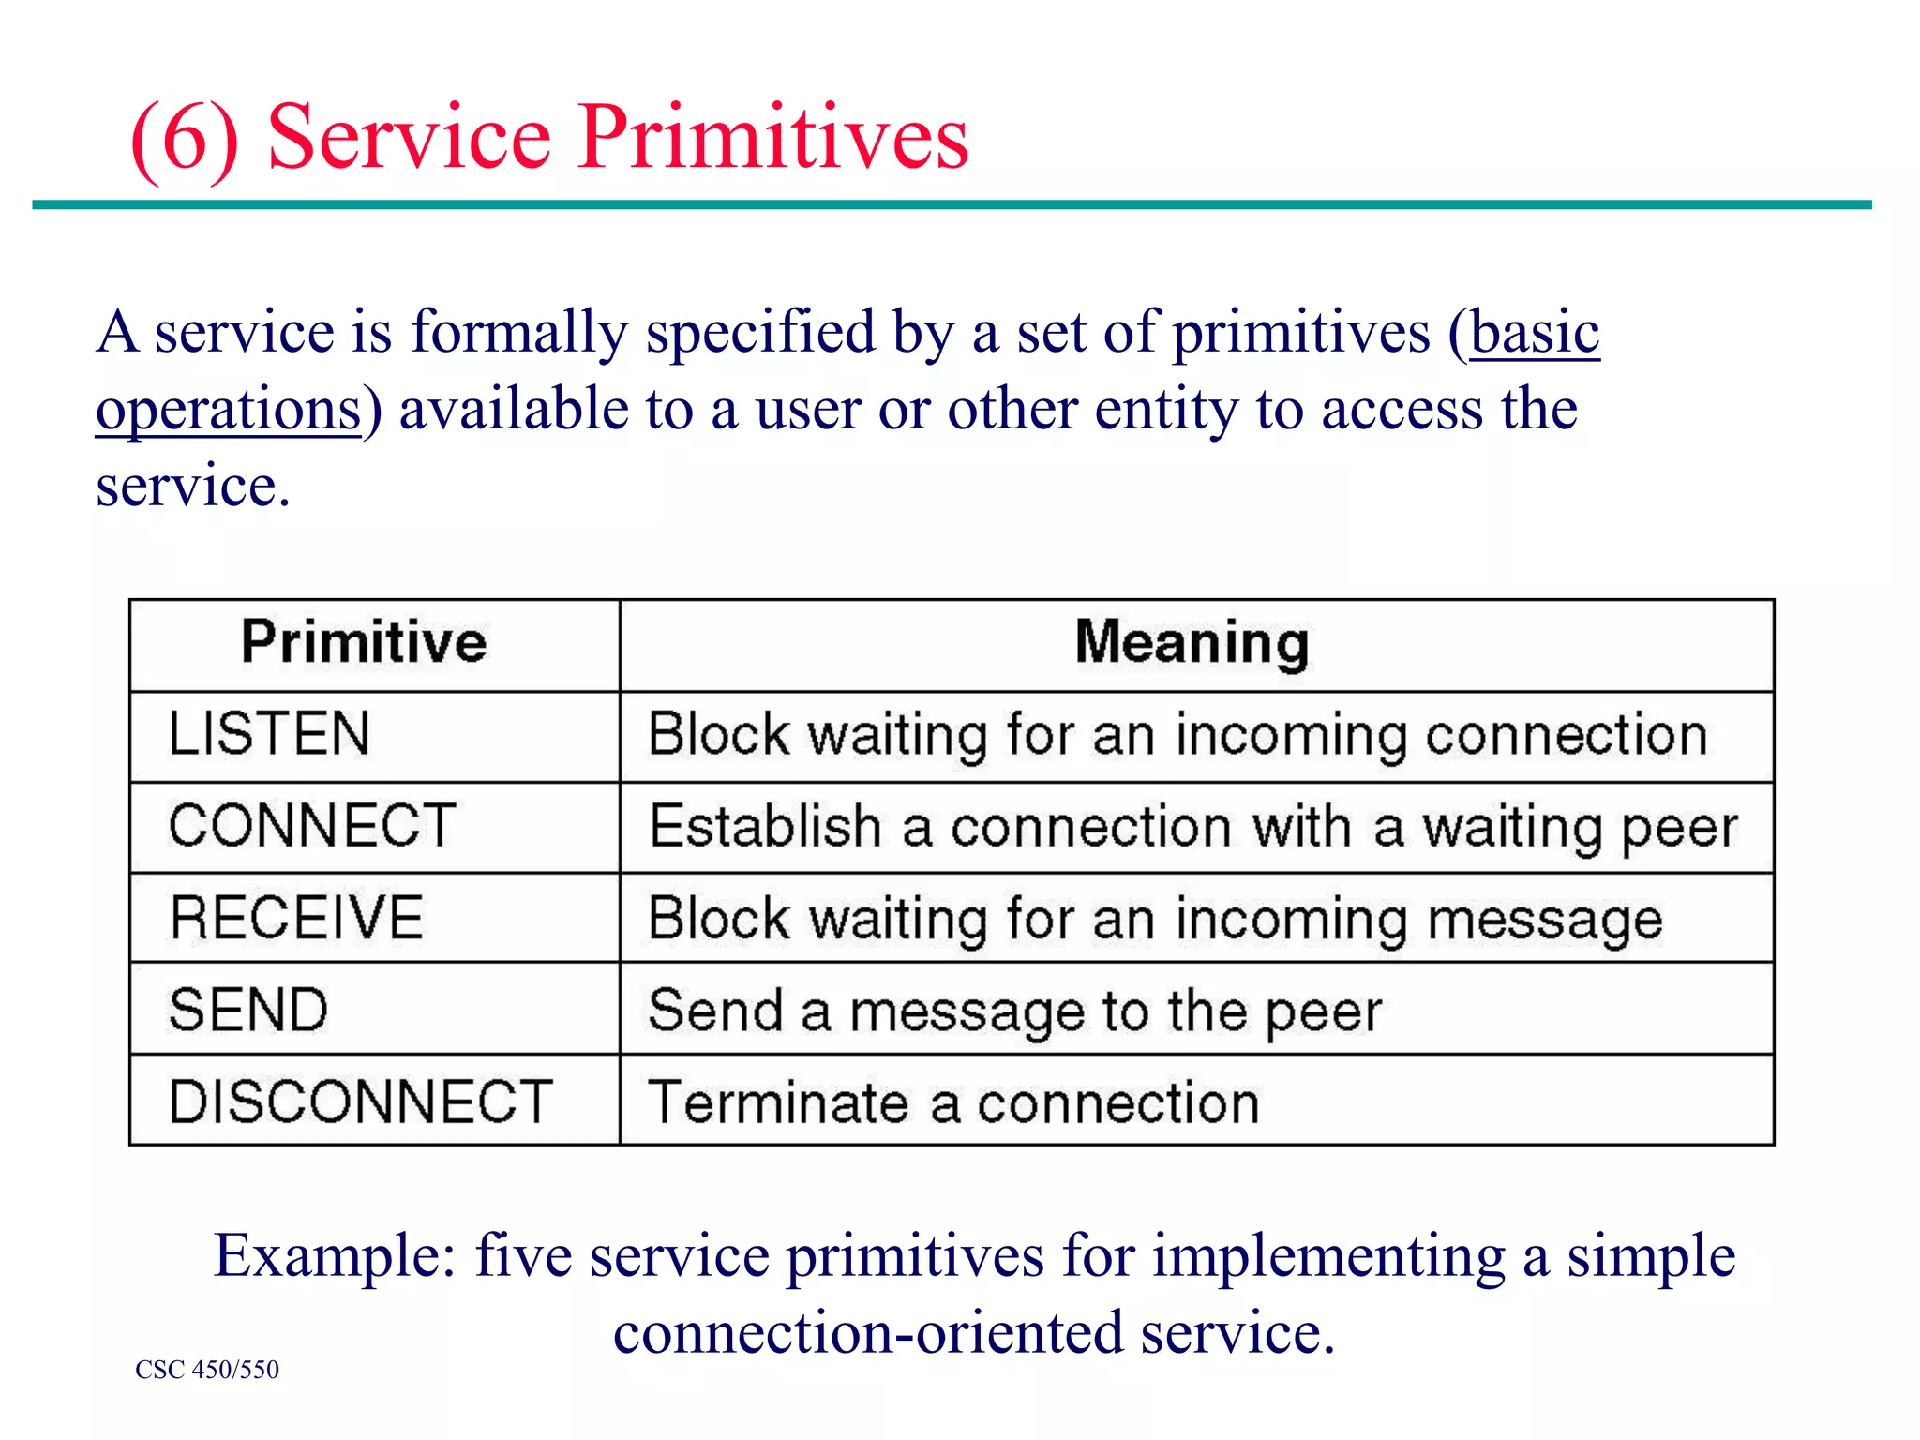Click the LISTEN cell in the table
pyautogui.click(x=270, y=734)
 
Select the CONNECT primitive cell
pyautogui.click(x=312, y=826)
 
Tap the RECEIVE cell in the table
pyautogui.click(x=296, y=918)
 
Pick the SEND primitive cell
pyautogui.click(x=248, y=1010)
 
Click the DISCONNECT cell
pyautogui.click(x=361, y=1102)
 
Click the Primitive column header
pyautogui.click(x=364, y=643)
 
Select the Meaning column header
pyautogui.click(x=1192, y=643)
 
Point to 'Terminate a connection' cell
pyautogui.click(x=953, y=1102)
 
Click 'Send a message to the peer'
pyautogui.click(x=1014, y=1012)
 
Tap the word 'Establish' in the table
pyautogui.click(x=765, y=827)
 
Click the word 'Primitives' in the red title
pyautogui.click(x=772, y=138)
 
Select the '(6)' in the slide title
pyautogui.click(x=185, y=140)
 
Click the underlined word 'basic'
pyautogui.click(x=1535, y=333)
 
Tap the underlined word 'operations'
pyautogui.click(x=228, y=411)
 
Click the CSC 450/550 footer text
pyautogui.click(x=207, y=1370)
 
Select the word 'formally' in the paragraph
pyautogui.click(x=519, y=333)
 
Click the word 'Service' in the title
pyautogui.click(x=409, y=138)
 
